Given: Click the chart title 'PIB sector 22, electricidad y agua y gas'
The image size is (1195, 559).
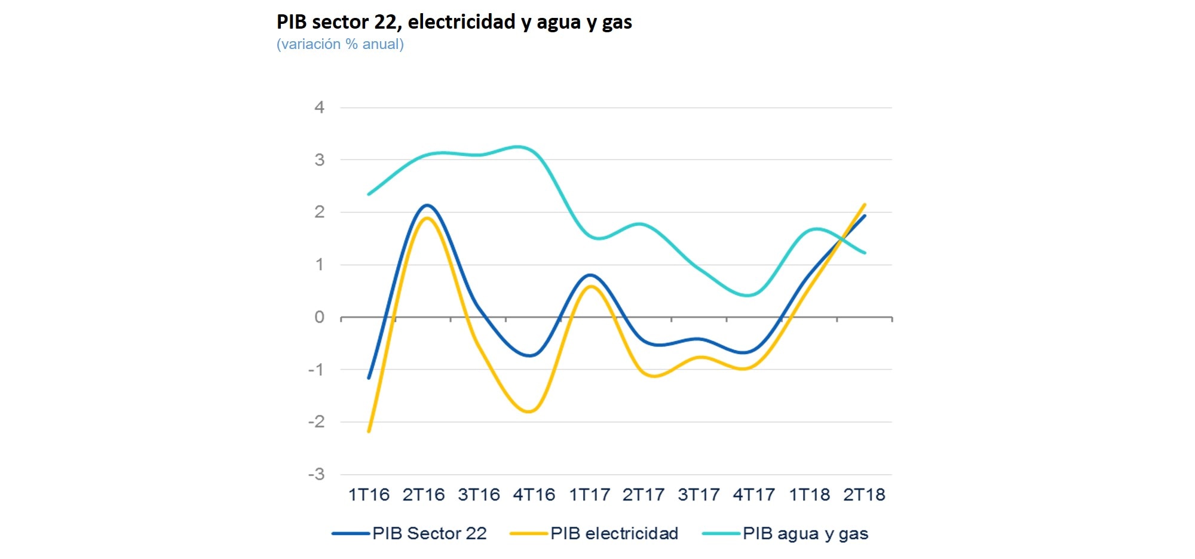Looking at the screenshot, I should [454, 22].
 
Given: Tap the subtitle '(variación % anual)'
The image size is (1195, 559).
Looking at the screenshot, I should [340, 44].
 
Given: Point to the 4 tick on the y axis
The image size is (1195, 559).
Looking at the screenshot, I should [320, 107].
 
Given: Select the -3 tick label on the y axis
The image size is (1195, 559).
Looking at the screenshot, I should [317, 474].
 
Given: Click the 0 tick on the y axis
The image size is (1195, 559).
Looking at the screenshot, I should [320, 317].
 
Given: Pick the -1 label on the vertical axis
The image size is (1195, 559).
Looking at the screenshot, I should [317, 370].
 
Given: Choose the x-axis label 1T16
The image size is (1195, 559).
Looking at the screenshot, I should [369, 494].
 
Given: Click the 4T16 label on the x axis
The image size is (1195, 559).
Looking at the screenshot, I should [534, 494].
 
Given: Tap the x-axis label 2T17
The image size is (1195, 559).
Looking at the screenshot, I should [644, 494].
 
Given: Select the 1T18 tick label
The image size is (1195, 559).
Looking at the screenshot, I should [810, 494].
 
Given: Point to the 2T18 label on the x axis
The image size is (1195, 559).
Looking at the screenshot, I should [864, 494].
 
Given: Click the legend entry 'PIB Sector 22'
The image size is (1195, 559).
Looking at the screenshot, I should [429, 533].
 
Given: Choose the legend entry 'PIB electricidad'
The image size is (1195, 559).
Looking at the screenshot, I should [614, 533].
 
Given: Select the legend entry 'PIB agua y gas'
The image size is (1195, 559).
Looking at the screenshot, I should [805, 533].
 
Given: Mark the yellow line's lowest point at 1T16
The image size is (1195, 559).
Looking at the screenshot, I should [369, 431].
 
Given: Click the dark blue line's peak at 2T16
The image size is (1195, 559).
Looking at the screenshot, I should [427, 205].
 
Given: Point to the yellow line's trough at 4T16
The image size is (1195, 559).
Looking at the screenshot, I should [530, 411].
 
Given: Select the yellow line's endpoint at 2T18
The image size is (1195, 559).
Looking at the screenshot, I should [865, 205].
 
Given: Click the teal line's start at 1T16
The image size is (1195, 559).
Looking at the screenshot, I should [369, 194].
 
